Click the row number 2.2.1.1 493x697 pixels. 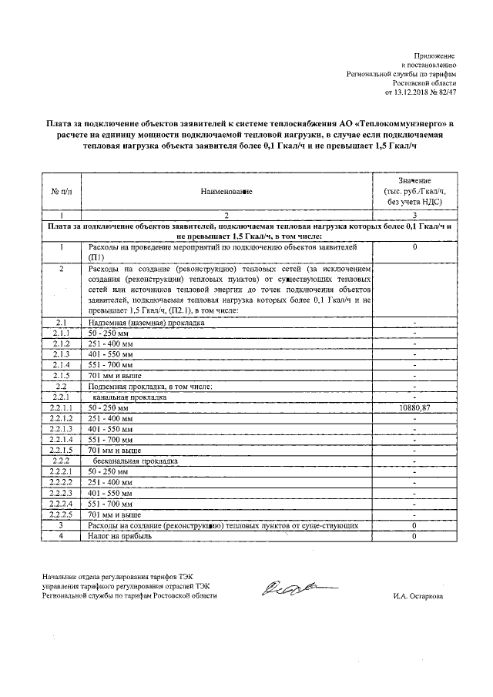pyautogui.click(x=60, y=407)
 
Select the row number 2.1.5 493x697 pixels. pyautogui.click(x=60, y=374)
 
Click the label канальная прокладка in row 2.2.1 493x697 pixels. pyautogui.click(x=128, y=396)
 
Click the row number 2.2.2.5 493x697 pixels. pyautogui.click(x=60, y=514)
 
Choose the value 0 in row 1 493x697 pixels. pyautogui.click(x=414, y=247)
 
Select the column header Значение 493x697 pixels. pyautogui.click(x=414, y=179)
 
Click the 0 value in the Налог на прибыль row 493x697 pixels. pyautogui.click(x=414, y=536)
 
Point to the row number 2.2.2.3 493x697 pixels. pyautogui.click(x=60, y=492)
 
